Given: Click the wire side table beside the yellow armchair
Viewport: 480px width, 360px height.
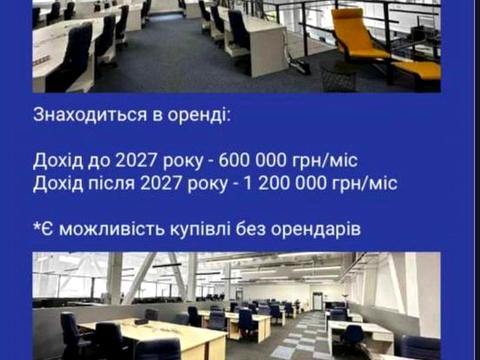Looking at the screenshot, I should click(x=338, y=76).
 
